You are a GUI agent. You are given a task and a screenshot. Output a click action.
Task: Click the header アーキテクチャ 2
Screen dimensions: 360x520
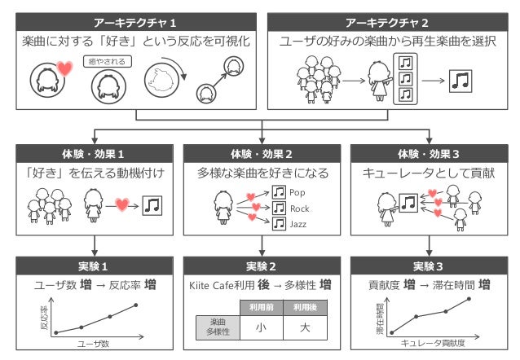click(387, 21)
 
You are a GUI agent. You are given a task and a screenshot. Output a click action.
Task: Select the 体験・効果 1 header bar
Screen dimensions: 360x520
click(95, 153)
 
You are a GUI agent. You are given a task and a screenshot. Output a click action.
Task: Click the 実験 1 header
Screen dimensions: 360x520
click(95, 266)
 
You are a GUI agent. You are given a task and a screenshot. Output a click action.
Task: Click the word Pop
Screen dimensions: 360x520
click(298, 193)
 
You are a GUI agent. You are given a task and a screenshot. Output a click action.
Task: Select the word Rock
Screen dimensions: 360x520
click(300, 209)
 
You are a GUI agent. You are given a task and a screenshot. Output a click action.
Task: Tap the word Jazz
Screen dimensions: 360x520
click(299, 223)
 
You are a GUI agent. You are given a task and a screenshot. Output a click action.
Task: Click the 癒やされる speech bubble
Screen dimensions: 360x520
click(105, 61)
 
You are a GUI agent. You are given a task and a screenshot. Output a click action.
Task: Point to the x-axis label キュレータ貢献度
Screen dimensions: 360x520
click(433, 345)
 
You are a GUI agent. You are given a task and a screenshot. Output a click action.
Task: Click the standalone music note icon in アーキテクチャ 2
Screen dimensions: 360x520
click(462, 80)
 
